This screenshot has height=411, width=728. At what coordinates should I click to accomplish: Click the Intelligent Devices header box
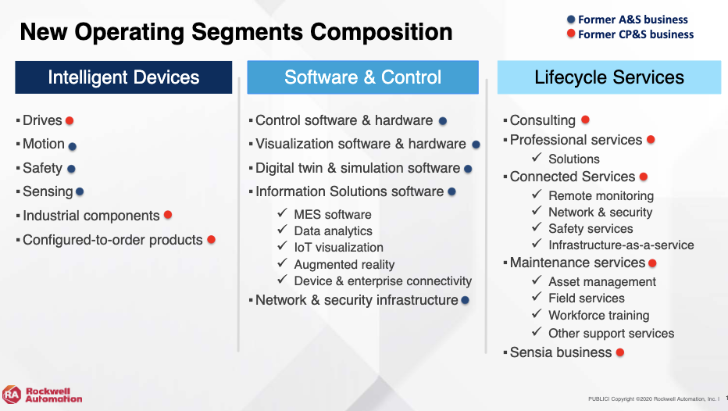point(123,77)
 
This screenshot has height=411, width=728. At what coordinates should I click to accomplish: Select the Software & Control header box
point(362,77)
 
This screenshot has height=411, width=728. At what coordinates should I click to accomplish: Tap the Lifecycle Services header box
point(609,77)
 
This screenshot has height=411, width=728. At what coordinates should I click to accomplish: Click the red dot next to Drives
point(70,121)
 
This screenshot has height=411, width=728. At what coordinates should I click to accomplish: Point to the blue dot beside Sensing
point(80,191)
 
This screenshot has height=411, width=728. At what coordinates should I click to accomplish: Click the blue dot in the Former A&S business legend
point(571,20)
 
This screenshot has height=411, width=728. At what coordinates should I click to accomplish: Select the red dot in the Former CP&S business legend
point(571,34)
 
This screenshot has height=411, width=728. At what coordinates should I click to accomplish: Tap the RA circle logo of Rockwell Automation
point(12,395)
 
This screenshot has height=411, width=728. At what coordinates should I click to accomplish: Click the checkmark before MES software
point(282,213)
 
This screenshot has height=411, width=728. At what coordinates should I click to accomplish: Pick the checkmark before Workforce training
point(537,313)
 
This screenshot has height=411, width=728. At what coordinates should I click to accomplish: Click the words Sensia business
point(561,352)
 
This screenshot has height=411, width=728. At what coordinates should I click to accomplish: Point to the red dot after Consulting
point(586,120)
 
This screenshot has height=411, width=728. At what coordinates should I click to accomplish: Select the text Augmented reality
point(344,264)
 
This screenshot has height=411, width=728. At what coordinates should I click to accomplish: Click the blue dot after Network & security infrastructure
point(466,301)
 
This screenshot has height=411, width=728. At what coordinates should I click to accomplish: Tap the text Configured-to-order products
point(112,240)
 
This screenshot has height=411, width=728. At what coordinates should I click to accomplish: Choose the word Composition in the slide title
point(381,32)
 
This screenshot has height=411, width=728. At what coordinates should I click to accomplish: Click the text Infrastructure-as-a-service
point(621,245)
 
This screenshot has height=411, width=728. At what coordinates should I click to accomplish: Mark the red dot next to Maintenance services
point(652,263)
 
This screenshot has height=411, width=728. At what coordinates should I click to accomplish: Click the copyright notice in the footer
point(653,399)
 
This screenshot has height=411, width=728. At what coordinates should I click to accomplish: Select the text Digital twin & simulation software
point(358,168)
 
